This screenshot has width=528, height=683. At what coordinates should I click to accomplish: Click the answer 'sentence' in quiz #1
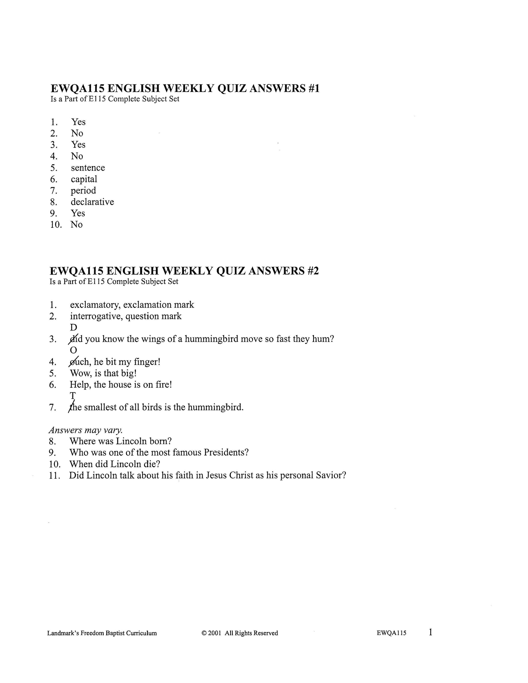[88, 168]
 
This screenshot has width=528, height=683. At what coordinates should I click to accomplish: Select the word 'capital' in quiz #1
[84, 179]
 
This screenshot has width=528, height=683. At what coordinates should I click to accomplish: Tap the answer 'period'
[83, 190]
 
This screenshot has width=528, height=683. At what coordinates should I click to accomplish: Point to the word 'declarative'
[92, 202]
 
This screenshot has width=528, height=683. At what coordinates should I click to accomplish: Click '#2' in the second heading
[313, 271]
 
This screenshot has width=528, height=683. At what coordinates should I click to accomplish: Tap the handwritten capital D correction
[74, 328]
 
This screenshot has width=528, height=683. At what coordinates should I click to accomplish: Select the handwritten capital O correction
[73, 350]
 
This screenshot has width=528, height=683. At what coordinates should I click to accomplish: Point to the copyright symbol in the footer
[204, 633]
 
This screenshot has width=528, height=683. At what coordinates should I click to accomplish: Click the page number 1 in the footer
[430, 632]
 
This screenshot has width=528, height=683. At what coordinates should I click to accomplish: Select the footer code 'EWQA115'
[391, 633]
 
